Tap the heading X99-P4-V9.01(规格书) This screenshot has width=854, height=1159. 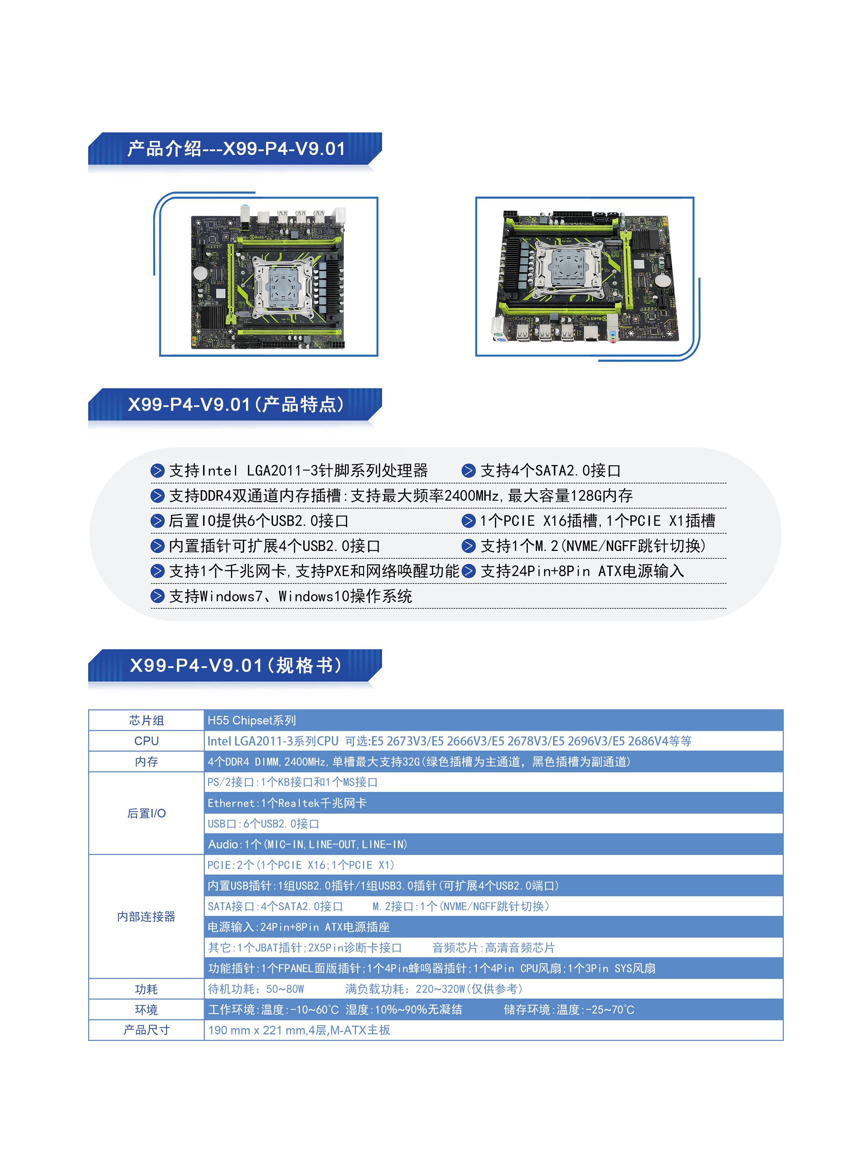[236, 665]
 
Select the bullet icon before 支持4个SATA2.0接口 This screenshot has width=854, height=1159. [468, 471]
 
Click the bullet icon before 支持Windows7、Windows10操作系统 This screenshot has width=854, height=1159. [157, 596]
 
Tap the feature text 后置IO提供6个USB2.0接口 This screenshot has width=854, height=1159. [259, 521]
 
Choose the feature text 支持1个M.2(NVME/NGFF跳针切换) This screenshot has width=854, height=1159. [593, 546]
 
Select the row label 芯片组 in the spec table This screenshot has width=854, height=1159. [146, 720]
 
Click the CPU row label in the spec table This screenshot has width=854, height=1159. [146, 741]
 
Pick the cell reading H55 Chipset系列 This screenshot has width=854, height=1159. [252, 720]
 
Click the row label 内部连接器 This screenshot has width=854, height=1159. [146, 917]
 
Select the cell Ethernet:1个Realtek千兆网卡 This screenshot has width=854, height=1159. [287, 803]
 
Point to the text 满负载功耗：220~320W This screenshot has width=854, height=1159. [405, 989]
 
